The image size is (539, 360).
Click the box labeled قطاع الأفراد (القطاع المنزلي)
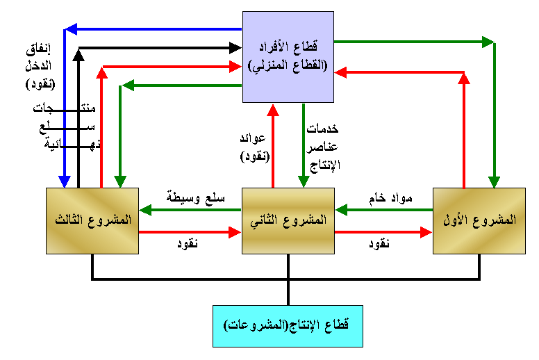pos(288,56)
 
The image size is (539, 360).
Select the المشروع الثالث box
pos(92,220)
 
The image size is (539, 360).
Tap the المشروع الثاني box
pos(288,220)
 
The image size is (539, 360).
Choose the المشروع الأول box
pos(479,220)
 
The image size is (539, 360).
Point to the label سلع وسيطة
pos(196,197)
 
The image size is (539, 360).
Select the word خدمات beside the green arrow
pos(322,129)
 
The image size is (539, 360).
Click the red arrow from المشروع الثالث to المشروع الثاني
pos(190,233)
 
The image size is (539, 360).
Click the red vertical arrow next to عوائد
pos(272,146)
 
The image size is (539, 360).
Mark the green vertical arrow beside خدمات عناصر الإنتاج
pos(303,146)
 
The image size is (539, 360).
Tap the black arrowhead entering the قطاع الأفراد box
pos(235,49)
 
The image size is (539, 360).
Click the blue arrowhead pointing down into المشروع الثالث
pos(64,182)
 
